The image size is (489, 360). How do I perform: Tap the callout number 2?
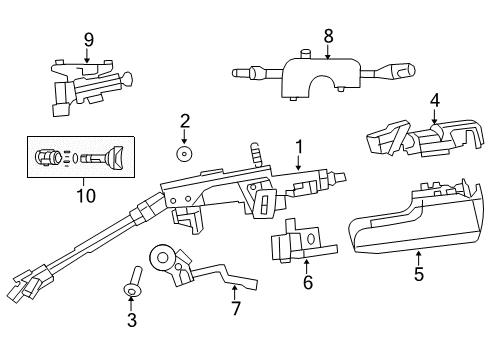click(x=185, y=122)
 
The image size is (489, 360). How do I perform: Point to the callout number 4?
click(x=435, y=100)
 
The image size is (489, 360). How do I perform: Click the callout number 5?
click(x=418, y=274)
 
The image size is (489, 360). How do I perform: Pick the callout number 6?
click(x=308, y=283)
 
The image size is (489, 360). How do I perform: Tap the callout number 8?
click(x=328, y=36)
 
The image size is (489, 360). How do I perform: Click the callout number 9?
click(x=88, y=40)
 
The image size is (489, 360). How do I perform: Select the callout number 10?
click(x=86, y=195)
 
